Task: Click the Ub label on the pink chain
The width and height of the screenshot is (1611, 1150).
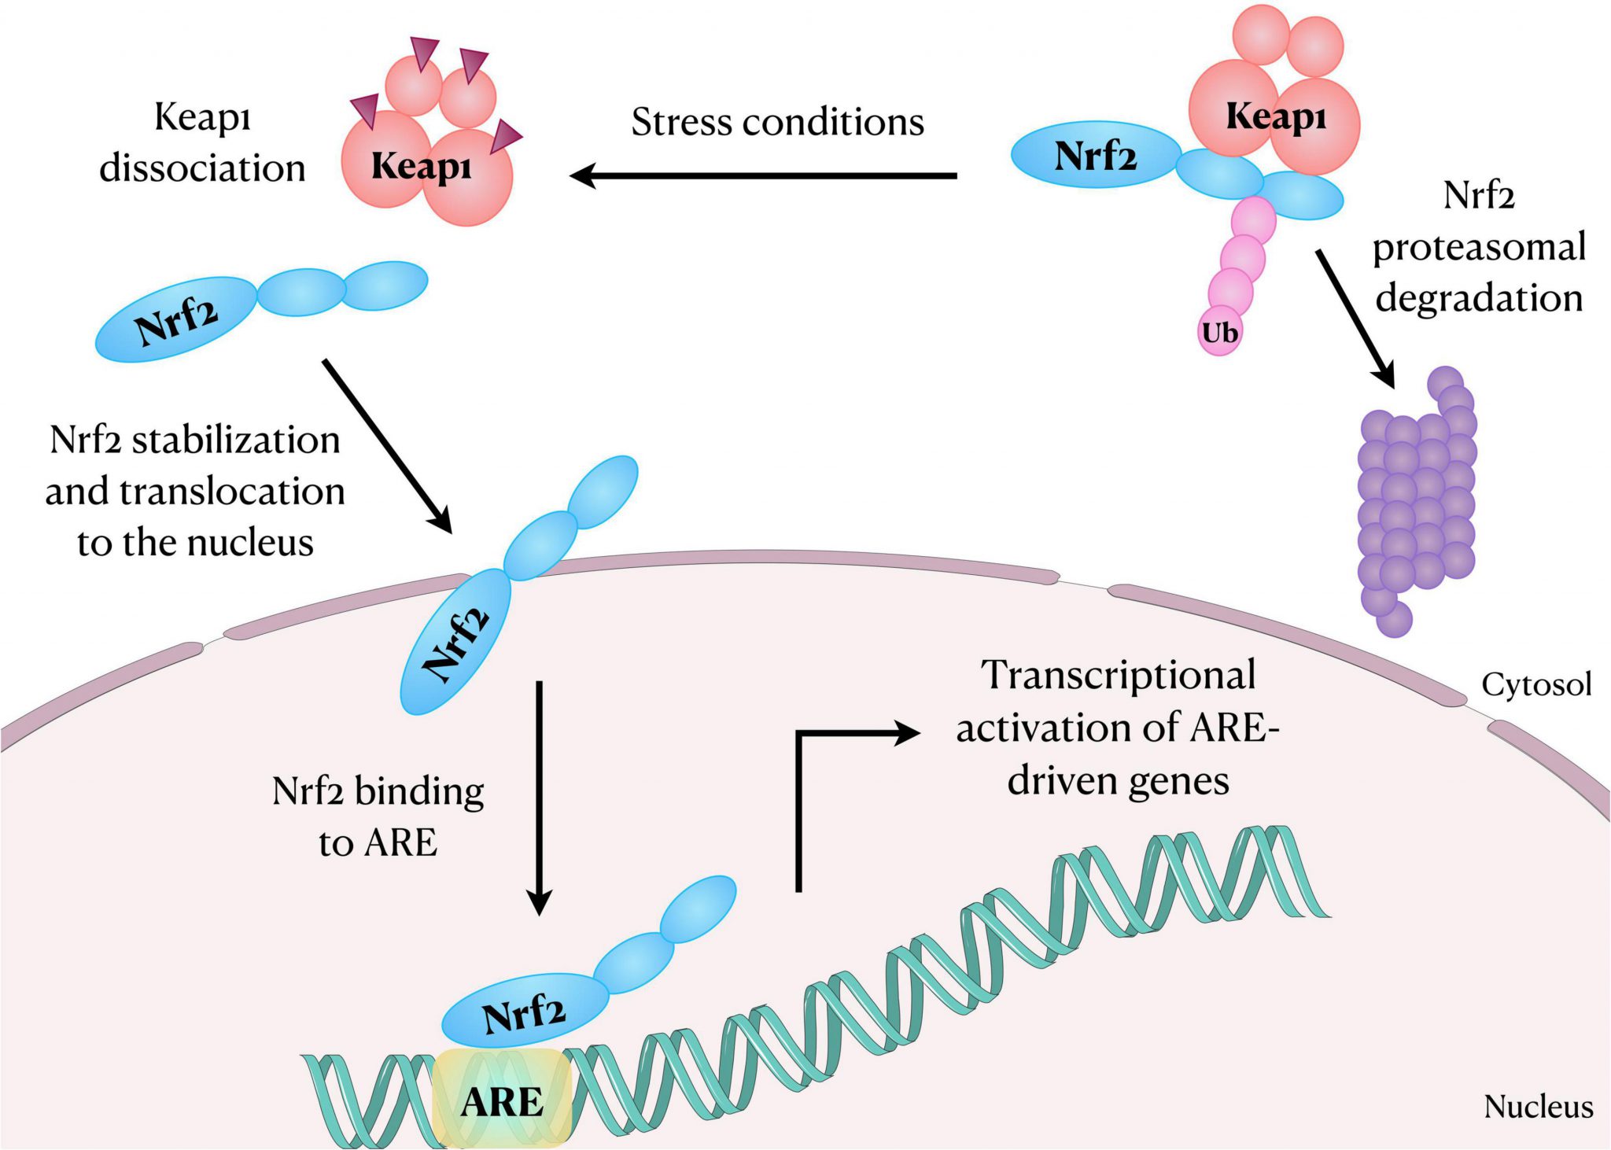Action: [x=1219, y=334]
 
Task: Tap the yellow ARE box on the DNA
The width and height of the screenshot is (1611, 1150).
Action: [x=502, y=1100]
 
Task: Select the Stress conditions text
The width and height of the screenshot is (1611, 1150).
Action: [x=777, y=123]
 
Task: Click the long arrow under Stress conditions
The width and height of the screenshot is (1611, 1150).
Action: [x=763, y=175]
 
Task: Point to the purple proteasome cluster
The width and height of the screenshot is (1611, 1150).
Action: [x=1416, y=503]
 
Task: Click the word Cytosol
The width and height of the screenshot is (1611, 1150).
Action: [x=1536, y=684]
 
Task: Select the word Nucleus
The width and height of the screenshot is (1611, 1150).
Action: [x=1538, y=1106]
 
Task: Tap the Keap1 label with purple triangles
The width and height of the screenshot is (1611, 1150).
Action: [x=422, y=167]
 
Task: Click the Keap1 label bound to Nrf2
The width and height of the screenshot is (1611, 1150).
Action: [x=1276, y=117]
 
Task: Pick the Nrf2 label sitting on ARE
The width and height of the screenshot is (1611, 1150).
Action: [x=524, y=1013]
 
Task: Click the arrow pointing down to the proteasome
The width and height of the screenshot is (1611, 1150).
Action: [x=1355, y=318]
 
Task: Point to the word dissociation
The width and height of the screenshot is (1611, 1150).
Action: [x=202, y=168]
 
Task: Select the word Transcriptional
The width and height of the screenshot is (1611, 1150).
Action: [x=1118, y=676]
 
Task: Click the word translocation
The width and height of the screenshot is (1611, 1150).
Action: [x=232, y=492]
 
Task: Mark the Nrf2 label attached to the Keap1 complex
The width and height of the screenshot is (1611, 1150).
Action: [x=1095, y=156]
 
